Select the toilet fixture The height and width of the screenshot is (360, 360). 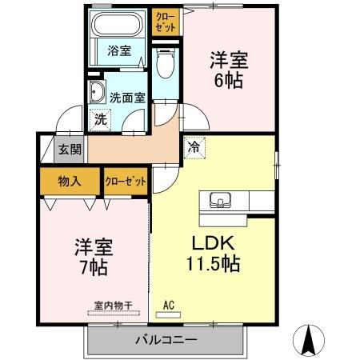(166, 65)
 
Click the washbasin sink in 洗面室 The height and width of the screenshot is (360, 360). (97, 90)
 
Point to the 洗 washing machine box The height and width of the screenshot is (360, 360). (100, 118)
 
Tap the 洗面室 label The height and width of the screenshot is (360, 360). (127, 98)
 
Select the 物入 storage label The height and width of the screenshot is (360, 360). (70, 182)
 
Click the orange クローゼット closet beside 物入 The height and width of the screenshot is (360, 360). (126, 182)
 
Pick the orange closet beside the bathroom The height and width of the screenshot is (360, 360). (166, 20)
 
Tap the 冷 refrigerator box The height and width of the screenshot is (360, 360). (193, 146)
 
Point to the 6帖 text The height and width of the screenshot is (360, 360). (228, 81)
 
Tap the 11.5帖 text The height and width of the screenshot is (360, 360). (212, 263)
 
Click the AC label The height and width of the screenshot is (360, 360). (169, 304)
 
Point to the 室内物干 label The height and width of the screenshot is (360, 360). (112, 304)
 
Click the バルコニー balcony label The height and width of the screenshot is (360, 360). (164, 340)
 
